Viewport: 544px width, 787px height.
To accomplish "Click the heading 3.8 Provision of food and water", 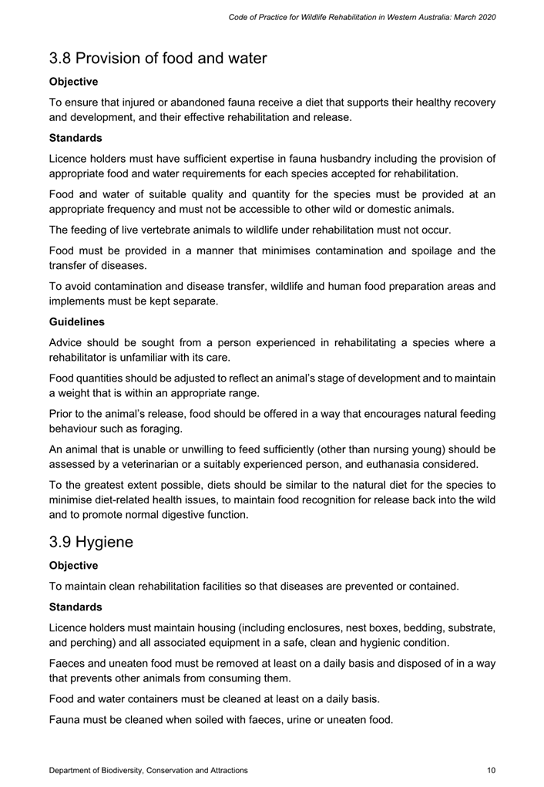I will (158, 58).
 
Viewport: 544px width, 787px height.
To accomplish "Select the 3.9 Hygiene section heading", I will (91, 542).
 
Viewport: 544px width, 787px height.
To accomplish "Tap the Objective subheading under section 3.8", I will (73, 81).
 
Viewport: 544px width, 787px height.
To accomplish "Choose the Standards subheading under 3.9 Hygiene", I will (76, 608).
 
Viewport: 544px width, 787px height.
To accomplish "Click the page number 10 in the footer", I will (491, 770).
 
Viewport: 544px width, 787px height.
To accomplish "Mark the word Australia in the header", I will (432, 17).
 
